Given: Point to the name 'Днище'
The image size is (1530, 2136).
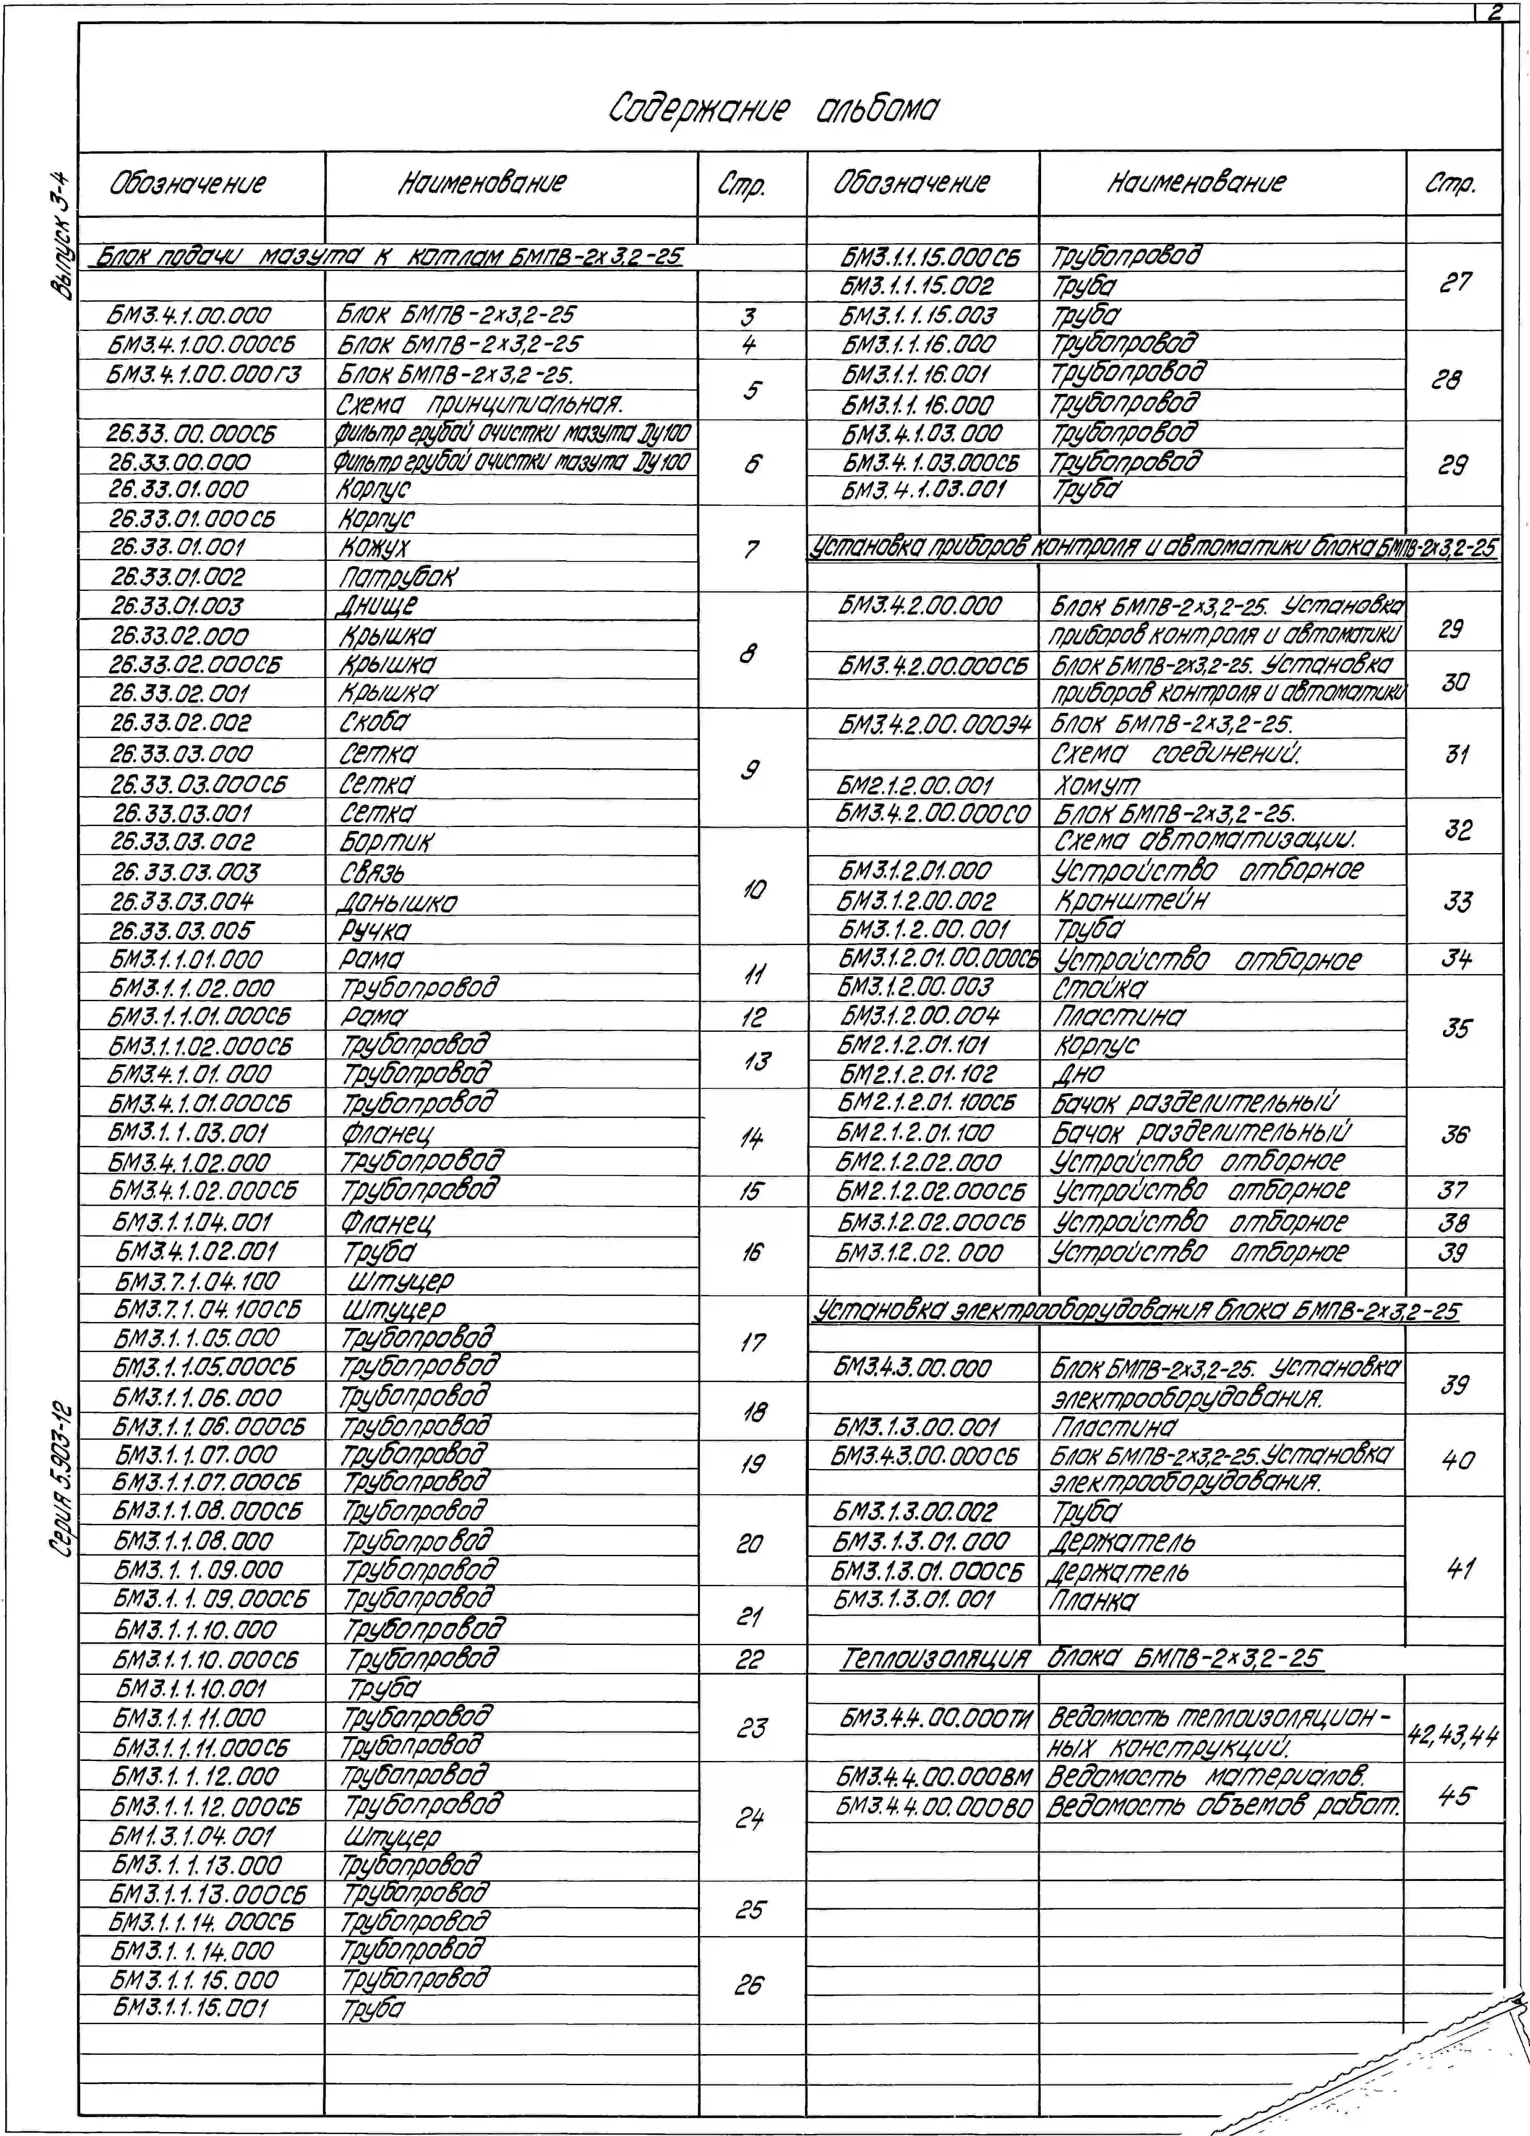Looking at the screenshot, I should pyautogui.click(x=377, y=606).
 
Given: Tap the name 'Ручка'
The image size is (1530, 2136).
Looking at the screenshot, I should pyautogui.click(x=375, y=930).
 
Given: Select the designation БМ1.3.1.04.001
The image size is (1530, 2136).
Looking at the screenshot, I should pyautogui.click(x=193, y=1836).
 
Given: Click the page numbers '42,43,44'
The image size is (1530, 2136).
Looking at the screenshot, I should pyautogui.click(x=1453, y=1734).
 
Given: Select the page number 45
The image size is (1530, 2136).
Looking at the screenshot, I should pyautogui.click(x=1454, y=1795).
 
